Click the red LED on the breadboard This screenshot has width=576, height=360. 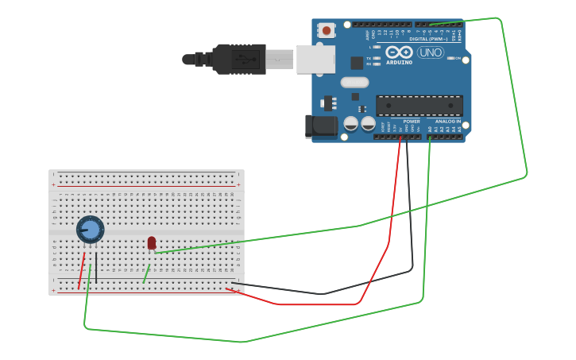tap(152, 242)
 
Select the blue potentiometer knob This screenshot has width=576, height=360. tap(91, 230)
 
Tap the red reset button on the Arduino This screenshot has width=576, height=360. tap(326, 30)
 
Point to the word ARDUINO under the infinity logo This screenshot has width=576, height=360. tap(399, 62)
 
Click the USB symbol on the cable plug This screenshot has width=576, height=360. tap(245, 59)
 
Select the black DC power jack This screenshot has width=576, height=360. tap(321, 126)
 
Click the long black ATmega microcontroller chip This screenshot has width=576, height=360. tap(419, 105)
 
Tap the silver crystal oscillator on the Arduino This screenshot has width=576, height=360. tap(355, 82)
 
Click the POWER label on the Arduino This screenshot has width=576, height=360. tap(412, 122)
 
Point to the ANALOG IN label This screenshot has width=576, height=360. tap(447, 122)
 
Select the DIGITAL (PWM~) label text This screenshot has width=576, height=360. tap(429, 38)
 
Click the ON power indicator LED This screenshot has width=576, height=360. tap(451, 58)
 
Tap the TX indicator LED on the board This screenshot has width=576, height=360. tap(376, 58)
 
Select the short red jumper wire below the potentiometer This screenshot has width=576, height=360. tap(81, 271)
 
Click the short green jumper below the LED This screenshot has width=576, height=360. tap(145, 274)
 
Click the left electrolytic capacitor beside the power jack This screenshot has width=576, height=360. tap(350, 123)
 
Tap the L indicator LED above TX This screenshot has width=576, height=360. tap(376, 47)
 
